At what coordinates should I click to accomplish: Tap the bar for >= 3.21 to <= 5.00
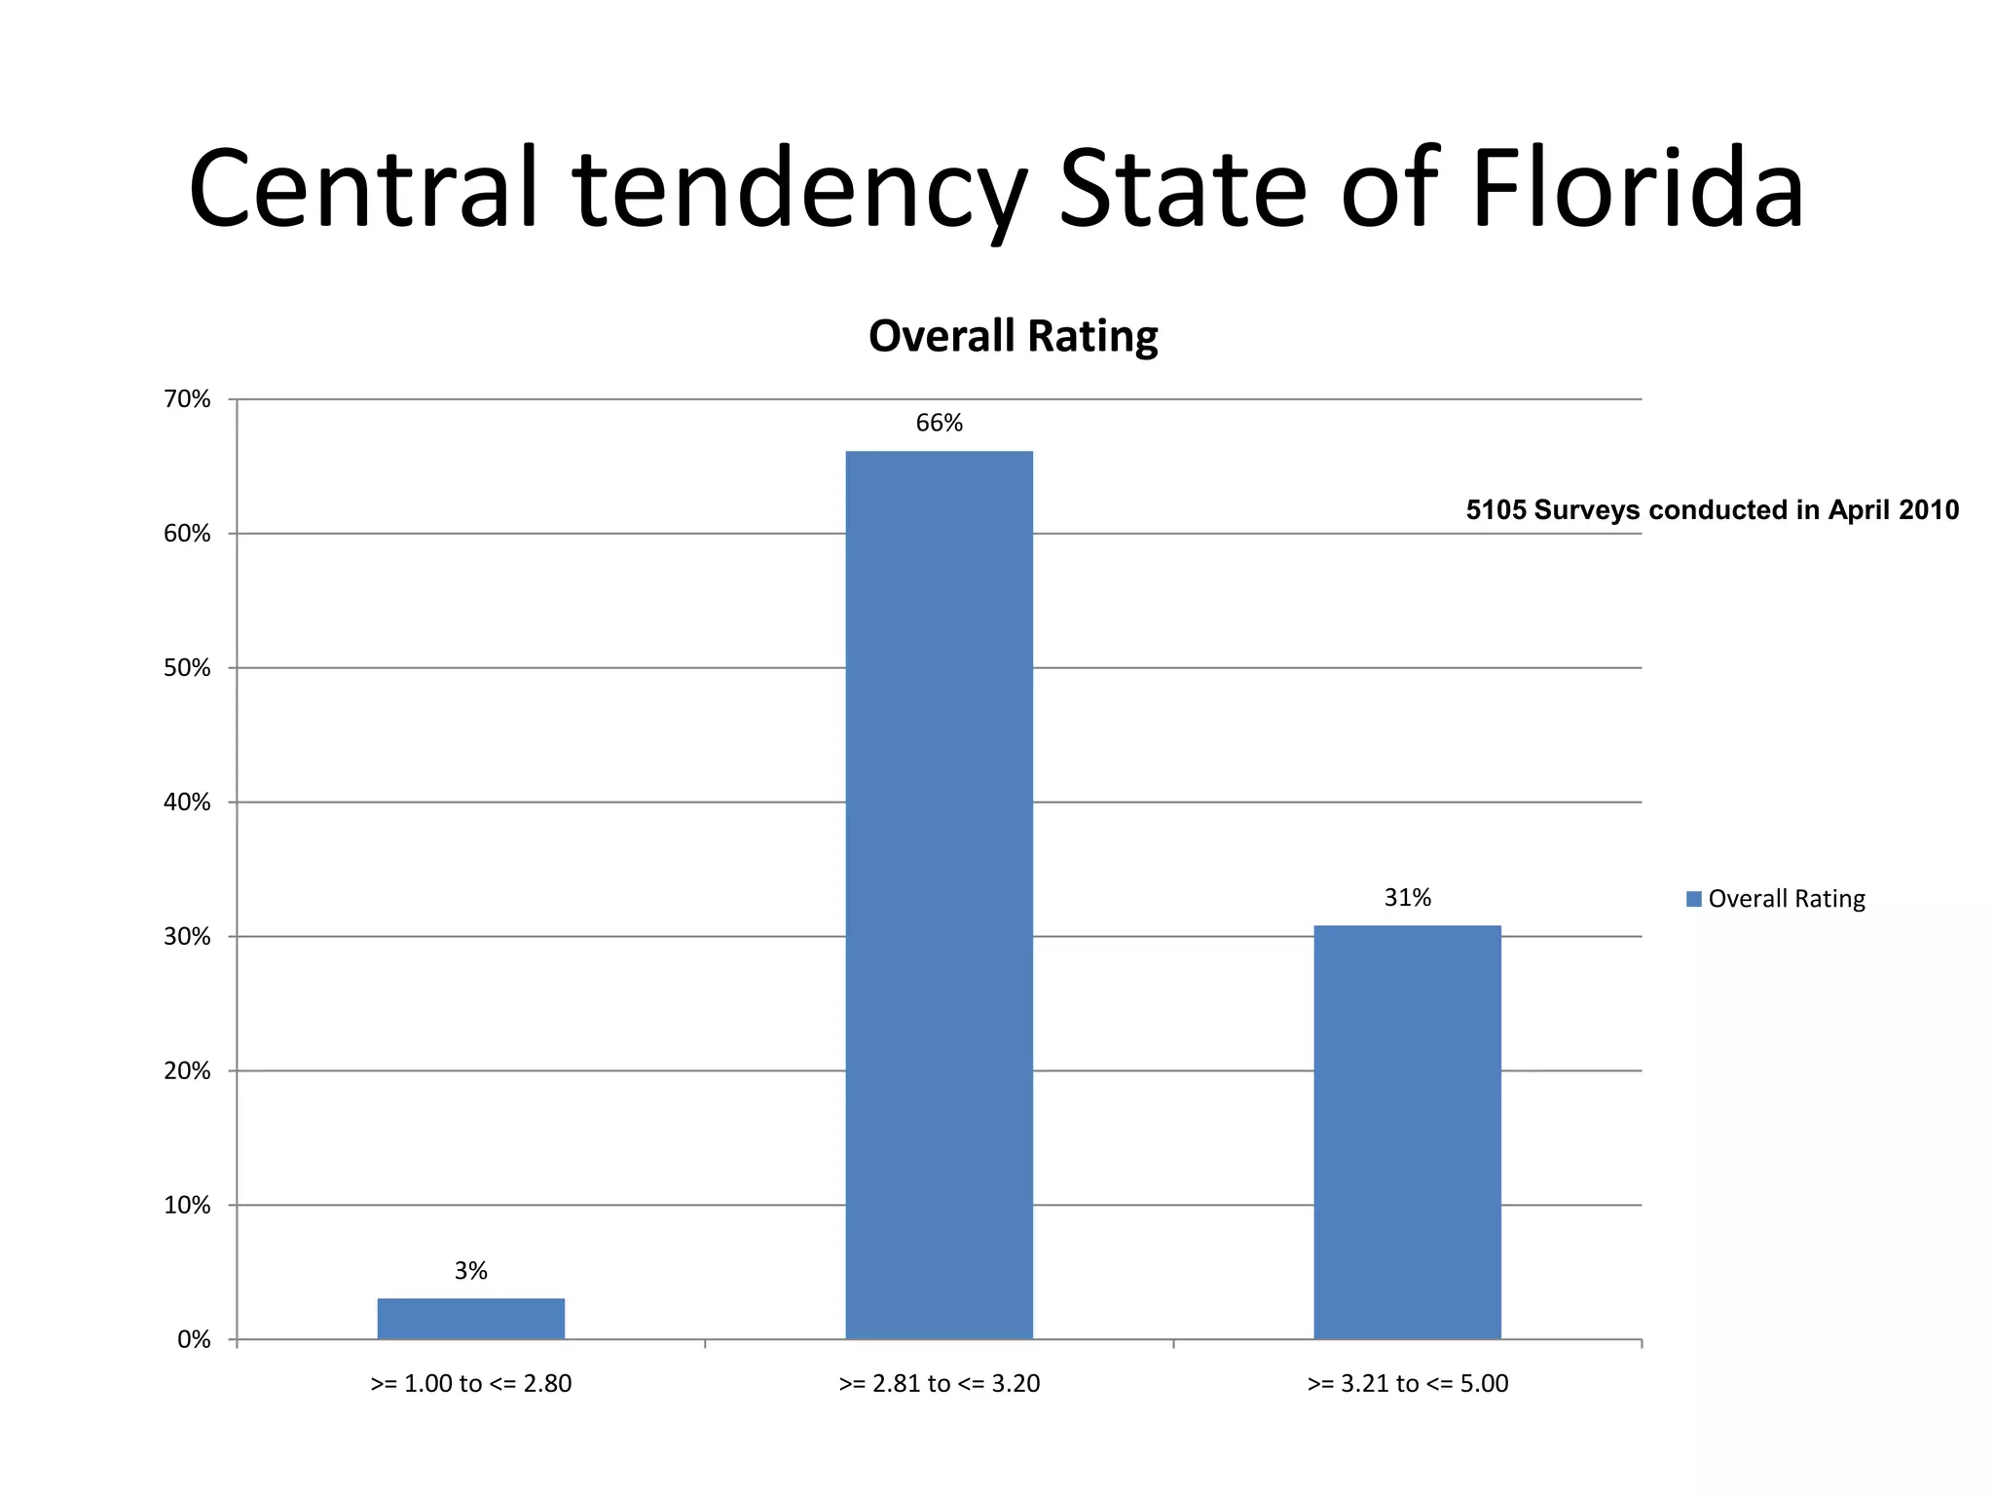point(1407,1132)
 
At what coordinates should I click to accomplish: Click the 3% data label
point(470,1270)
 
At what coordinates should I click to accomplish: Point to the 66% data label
point(939,423)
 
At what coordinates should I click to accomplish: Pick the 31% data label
point(1407,897)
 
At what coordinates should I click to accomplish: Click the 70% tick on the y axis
point(187,399)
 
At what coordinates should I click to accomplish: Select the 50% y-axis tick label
point(187,668)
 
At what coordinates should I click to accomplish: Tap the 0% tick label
point(194,1339)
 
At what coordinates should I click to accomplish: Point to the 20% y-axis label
point(187,1070)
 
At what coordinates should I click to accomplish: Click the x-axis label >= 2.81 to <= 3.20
point(939,1383)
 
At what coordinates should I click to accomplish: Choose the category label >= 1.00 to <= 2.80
point(470,1383)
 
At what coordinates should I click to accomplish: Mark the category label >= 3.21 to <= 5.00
point(1407,1383)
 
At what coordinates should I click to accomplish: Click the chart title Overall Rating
point(1013,336)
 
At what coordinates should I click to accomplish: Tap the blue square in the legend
point(1693,899)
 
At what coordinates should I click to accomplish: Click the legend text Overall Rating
point(1787,898)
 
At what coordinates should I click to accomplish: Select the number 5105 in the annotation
point(1495,510)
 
